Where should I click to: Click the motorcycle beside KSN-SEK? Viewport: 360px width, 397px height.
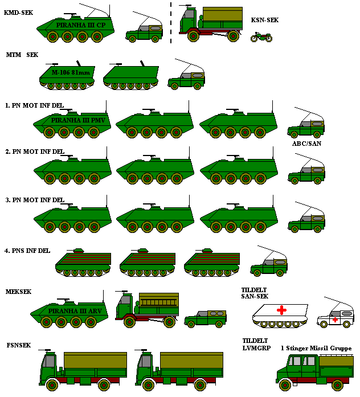pos(261,37)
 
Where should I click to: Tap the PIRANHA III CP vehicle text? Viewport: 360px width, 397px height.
pos(81,25)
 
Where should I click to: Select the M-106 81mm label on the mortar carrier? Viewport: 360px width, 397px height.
pos(71,73)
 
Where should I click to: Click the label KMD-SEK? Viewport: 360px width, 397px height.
pos(18,13)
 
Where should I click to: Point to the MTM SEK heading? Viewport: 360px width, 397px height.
pos(22,55)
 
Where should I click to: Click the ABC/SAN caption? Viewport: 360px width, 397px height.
pos(307,144)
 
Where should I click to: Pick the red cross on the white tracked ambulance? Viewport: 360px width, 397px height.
pos(281,310)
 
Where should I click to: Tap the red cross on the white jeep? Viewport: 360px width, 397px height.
pos(335,320)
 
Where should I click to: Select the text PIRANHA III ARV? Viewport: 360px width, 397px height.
pos(75,311)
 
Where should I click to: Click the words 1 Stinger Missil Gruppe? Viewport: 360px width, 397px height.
pos(316,348)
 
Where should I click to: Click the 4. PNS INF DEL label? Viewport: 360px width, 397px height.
pos(27,251)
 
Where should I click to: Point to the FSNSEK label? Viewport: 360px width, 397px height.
pos(19,345)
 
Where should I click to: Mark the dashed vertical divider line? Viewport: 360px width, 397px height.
pos(171,23)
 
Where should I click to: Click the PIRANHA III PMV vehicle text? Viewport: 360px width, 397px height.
pos(78,120)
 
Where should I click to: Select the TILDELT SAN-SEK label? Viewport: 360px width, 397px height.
pos(255,293)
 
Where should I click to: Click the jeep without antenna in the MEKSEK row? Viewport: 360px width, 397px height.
pos(205,319)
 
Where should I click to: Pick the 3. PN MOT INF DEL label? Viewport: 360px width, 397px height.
pos(35,200)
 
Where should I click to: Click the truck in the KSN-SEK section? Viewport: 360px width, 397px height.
pos(211,23)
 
